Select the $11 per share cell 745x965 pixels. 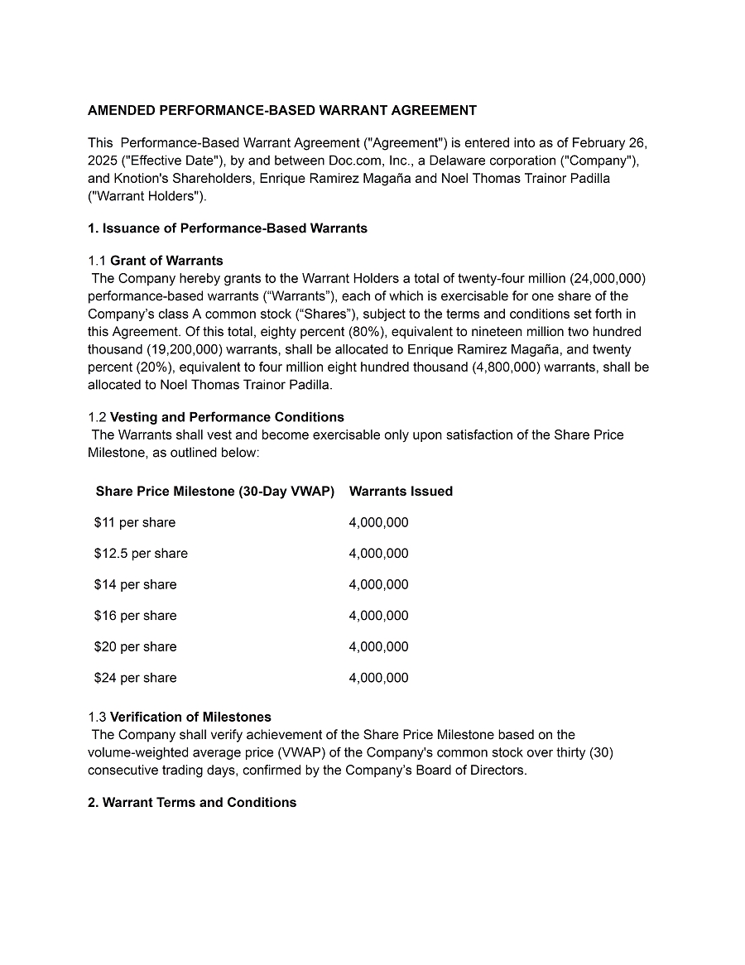pyautogui.click(x=135, y=522)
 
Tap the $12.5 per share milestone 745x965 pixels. pyautogui.click(x=141, y=554)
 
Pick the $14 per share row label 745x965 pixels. pyautogui.click(x=135, y=584)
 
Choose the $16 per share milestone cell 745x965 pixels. pyautogui.click(x=135, y=616)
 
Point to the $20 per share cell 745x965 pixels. pyautogui.click(x=135, y=646)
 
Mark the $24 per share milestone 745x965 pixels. pyautogui.click(x=135, y=678)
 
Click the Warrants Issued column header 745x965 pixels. pyautogui.click(x=401, y=492)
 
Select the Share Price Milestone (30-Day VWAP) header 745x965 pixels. pyautogui.click(x=215, y=492)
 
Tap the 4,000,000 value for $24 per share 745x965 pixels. pyautogui.click(x=378, y=678)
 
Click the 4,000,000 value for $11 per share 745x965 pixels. pyautogui.click(x=378, y=522)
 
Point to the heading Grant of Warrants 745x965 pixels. pyautogui.click(x=166, y=261)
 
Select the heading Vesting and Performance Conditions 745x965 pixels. pyautogui.click(x=227, y=417)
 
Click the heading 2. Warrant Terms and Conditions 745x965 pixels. pyautogui.click(x=192, y=803)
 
